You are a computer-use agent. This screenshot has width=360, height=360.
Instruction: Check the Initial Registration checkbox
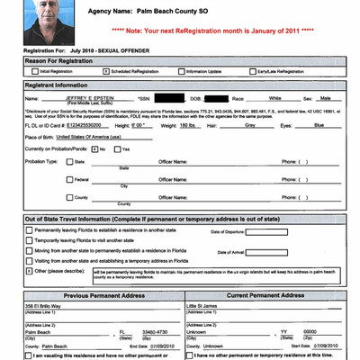(x=33, y=69)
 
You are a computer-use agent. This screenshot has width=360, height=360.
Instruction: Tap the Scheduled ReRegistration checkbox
(x=106, y=69)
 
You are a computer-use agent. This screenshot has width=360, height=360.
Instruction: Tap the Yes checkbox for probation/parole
(x=115, y=148)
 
